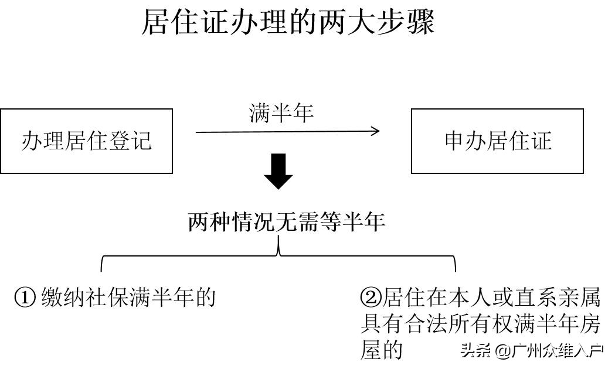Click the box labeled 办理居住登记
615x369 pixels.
point(86,141)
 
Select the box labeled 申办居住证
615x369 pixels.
point(497,141)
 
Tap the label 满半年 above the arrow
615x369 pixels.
point(281,113)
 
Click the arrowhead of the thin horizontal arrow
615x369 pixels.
point(376,131)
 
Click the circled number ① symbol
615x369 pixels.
point(25,298)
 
